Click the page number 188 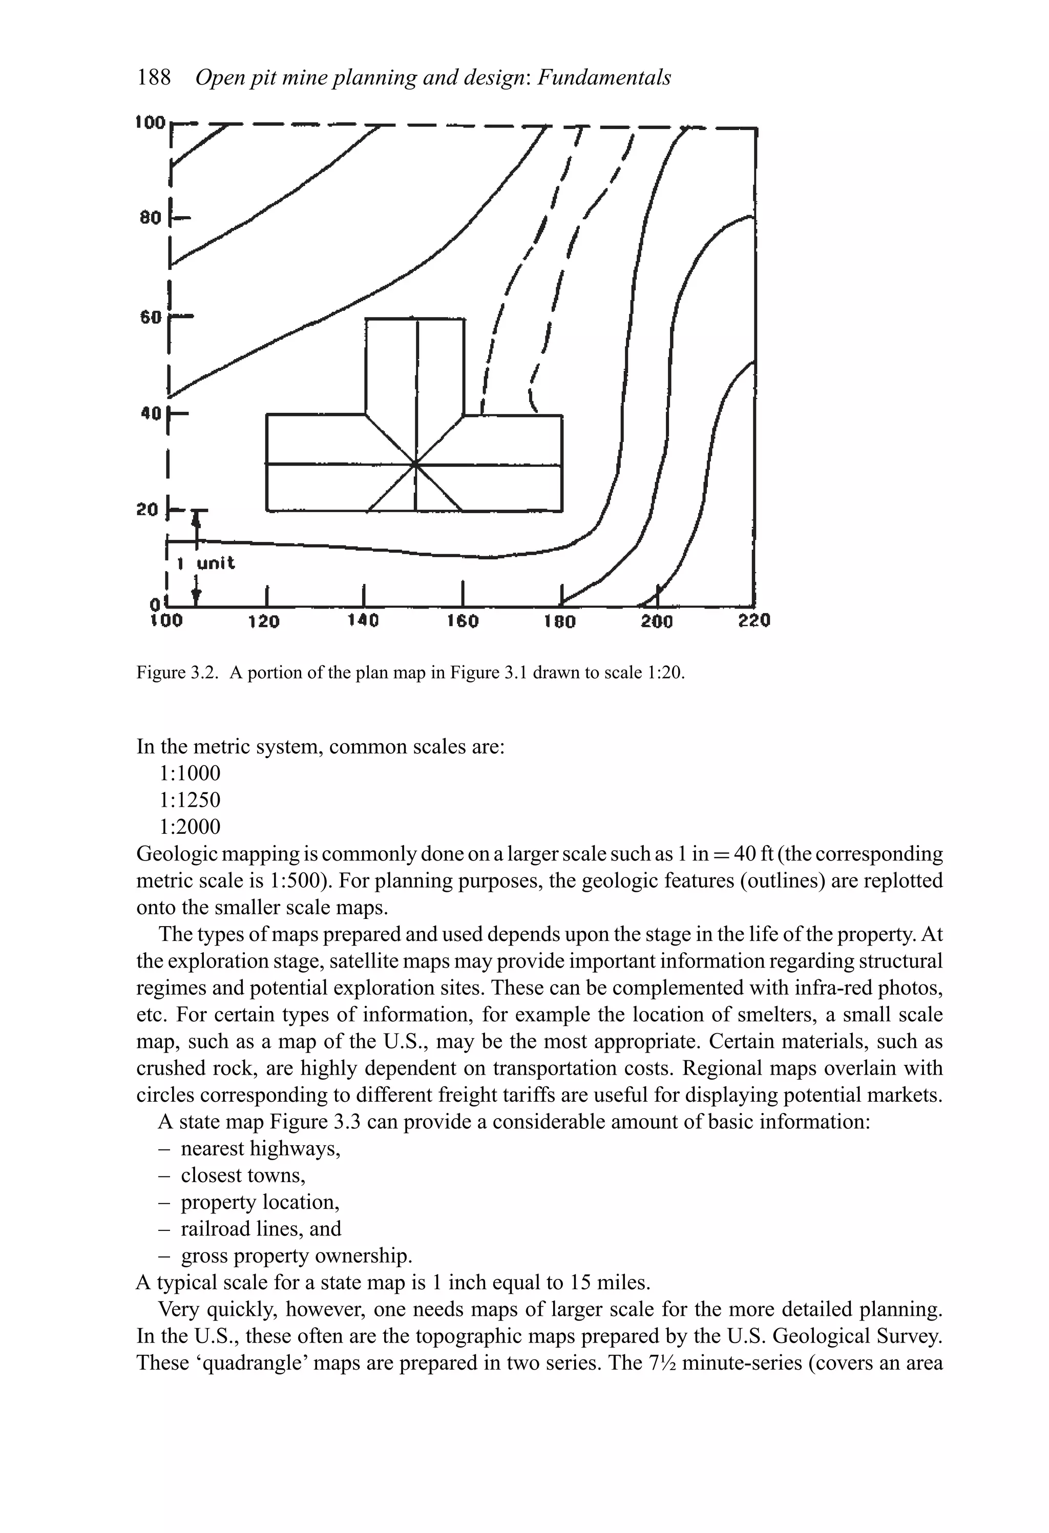coord(154,78)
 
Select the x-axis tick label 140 coord(363,621)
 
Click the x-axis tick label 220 coord(754,621)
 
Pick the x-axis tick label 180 coord(559,621)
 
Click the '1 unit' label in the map coord(206,563)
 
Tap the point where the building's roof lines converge coord(415,465)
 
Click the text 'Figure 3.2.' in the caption coord(177,673)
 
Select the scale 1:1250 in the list coord(190,800)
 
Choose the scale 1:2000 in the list coord(190,827)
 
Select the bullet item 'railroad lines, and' coord(261,1229)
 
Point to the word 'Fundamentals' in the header coord(604,78)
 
